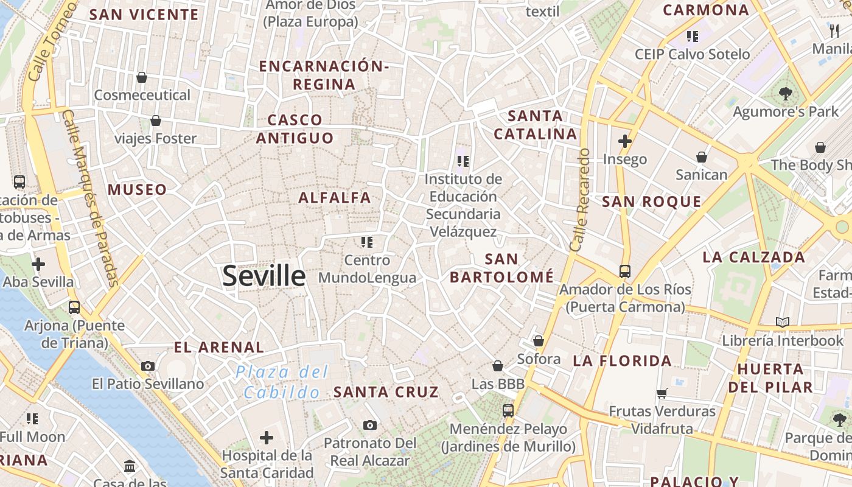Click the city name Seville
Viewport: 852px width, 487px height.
point(264,276)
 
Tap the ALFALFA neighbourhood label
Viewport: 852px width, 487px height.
point(334,197)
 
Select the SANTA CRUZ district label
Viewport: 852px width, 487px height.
point(386,392)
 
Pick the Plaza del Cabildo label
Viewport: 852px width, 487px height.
point(282,382)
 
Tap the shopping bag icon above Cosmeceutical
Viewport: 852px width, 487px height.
point(142,77)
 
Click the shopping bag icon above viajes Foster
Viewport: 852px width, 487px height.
point(156,121)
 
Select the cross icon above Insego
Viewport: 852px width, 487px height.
point(624,141)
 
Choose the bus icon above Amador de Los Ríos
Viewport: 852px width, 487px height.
point(625,272)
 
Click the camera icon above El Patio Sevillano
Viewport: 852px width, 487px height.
point(148,366)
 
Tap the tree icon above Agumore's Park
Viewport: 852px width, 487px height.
point(785,94)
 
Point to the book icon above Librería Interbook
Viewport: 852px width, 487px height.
point(783,322)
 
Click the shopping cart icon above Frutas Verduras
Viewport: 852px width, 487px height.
point(662,393)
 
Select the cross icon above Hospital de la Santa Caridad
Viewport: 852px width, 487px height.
point(267,437)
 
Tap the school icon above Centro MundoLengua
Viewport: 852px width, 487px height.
point(366,242)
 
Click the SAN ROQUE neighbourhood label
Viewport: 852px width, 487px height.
point(651,201)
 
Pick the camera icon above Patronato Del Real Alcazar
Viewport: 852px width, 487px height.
point(369,425)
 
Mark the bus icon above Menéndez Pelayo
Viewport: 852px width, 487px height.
point(508,411)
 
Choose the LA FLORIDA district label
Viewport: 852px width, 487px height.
point(622,361)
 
